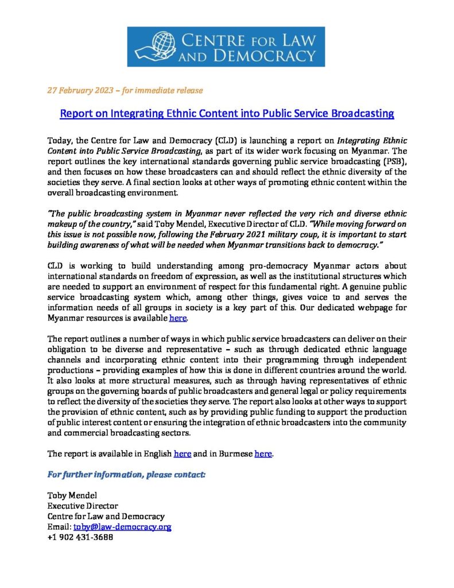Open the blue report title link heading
point(227,114)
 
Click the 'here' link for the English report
point(182,454)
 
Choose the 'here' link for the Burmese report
point(263,454)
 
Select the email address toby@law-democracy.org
point(122,527)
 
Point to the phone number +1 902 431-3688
point(80,537)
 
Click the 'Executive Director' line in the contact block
point(83,506)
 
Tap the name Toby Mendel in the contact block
point(72,496)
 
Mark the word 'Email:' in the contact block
point(59,527)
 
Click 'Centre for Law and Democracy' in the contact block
point(106,517)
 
